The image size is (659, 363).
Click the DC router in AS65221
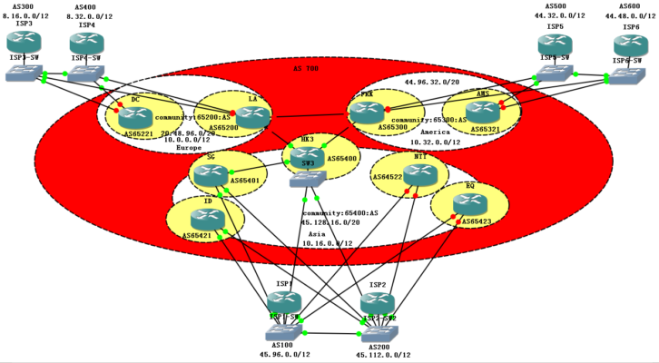(135, 115)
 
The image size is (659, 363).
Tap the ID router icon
(209, 218)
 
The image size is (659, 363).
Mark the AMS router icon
(483, 111)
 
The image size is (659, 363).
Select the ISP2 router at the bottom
(378, 303)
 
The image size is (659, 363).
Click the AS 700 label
(306, 69)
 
